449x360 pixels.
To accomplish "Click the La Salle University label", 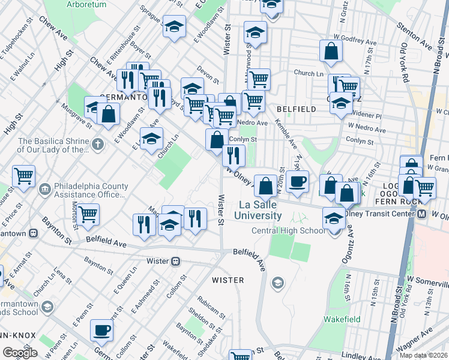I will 258,210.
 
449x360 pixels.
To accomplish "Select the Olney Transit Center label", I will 384,214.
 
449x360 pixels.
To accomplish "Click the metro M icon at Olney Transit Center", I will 423,214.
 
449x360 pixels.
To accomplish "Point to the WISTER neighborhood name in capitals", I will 228,280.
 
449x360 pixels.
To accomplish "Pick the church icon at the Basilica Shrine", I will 98,144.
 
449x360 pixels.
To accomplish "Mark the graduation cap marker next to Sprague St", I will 175,26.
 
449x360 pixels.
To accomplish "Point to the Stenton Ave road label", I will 414,37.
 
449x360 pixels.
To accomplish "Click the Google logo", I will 20,353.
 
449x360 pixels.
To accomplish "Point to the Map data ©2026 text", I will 424,355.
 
